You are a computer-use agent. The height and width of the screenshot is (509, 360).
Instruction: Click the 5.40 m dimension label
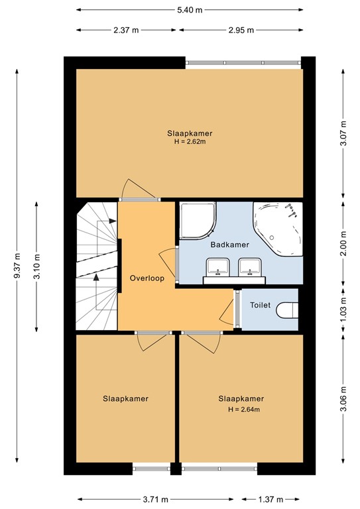(189, 10)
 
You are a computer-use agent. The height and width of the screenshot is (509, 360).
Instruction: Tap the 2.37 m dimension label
(126, 30)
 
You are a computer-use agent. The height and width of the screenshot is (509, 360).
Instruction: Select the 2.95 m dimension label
(241, 30)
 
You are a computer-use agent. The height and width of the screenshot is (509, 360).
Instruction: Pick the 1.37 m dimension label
(272, 500)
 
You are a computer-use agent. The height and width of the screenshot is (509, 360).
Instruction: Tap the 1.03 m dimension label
(343, 310)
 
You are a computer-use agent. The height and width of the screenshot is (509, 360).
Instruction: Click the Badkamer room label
(229, 245)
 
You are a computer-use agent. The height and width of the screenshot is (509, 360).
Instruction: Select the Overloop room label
(147, 278)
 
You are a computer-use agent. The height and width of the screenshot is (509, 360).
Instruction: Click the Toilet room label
(260, 306)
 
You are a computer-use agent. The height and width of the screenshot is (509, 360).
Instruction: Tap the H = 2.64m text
(241, 410)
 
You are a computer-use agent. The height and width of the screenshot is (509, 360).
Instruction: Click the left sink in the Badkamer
(217, 266)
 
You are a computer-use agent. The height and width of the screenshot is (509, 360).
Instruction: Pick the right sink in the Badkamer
(250, 266)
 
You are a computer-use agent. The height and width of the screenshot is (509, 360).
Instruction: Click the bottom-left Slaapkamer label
(125, 399)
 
